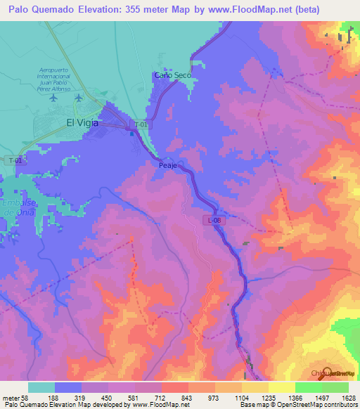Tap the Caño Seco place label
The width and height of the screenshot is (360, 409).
coord(172,75)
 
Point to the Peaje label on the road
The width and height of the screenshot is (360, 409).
coord(166,165)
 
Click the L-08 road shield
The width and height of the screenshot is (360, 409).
coord(216,221)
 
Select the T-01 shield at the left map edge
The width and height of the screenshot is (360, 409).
coord(15,161)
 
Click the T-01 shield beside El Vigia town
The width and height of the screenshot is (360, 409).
coord(141,124)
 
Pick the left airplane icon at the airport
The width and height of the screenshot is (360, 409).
coord(54,99)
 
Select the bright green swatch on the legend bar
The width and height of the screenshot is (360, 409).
coord(308,387)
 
